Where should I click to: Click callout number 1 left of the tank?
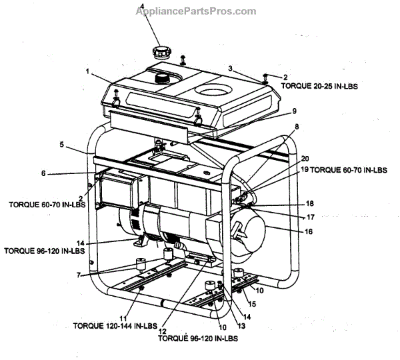click(x=87, y=71)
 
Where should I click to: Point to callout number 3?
click(x=230, y=68)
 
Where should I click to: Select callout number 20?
click(x=305, y=159)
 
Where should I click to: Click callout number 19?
click(x=305, y=170)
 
